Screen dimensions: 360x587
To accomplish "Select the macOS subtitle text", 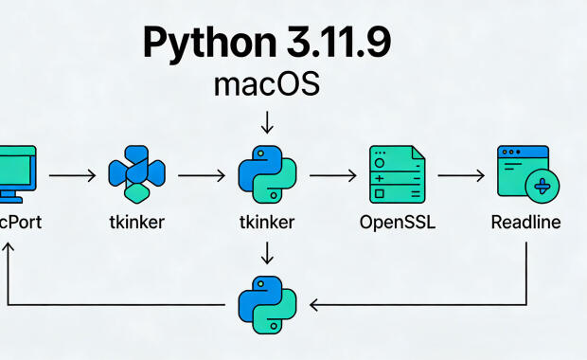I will (266, 85).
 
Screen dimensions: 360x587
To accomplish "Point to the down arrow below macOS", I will (266, 122).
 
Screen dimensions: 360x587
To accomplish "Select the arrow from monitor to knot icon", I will (72, 175).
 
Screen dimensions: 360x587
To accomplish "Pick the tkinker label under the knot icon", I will (136, 224).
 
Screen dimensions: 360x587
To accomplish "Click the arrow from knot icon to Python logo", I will (201, 175).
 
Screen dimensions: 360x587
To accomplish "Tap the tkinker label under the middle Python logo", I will (266, 224).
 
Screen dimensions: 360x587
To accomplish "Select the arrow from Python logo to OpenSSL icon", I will (331, 175).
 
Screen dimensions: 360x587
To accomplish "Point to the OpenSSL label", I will (397, 224).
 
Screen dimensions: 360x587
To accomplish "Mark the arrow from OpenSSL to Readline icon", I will (461, 175).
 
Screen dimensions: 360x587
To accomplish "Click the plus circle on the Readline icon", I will (543, 186).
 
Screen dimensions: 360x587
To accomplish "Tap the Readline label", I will (525, 224).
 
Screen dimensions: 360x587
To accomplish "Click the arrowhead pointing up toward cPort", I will (9, 248).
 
